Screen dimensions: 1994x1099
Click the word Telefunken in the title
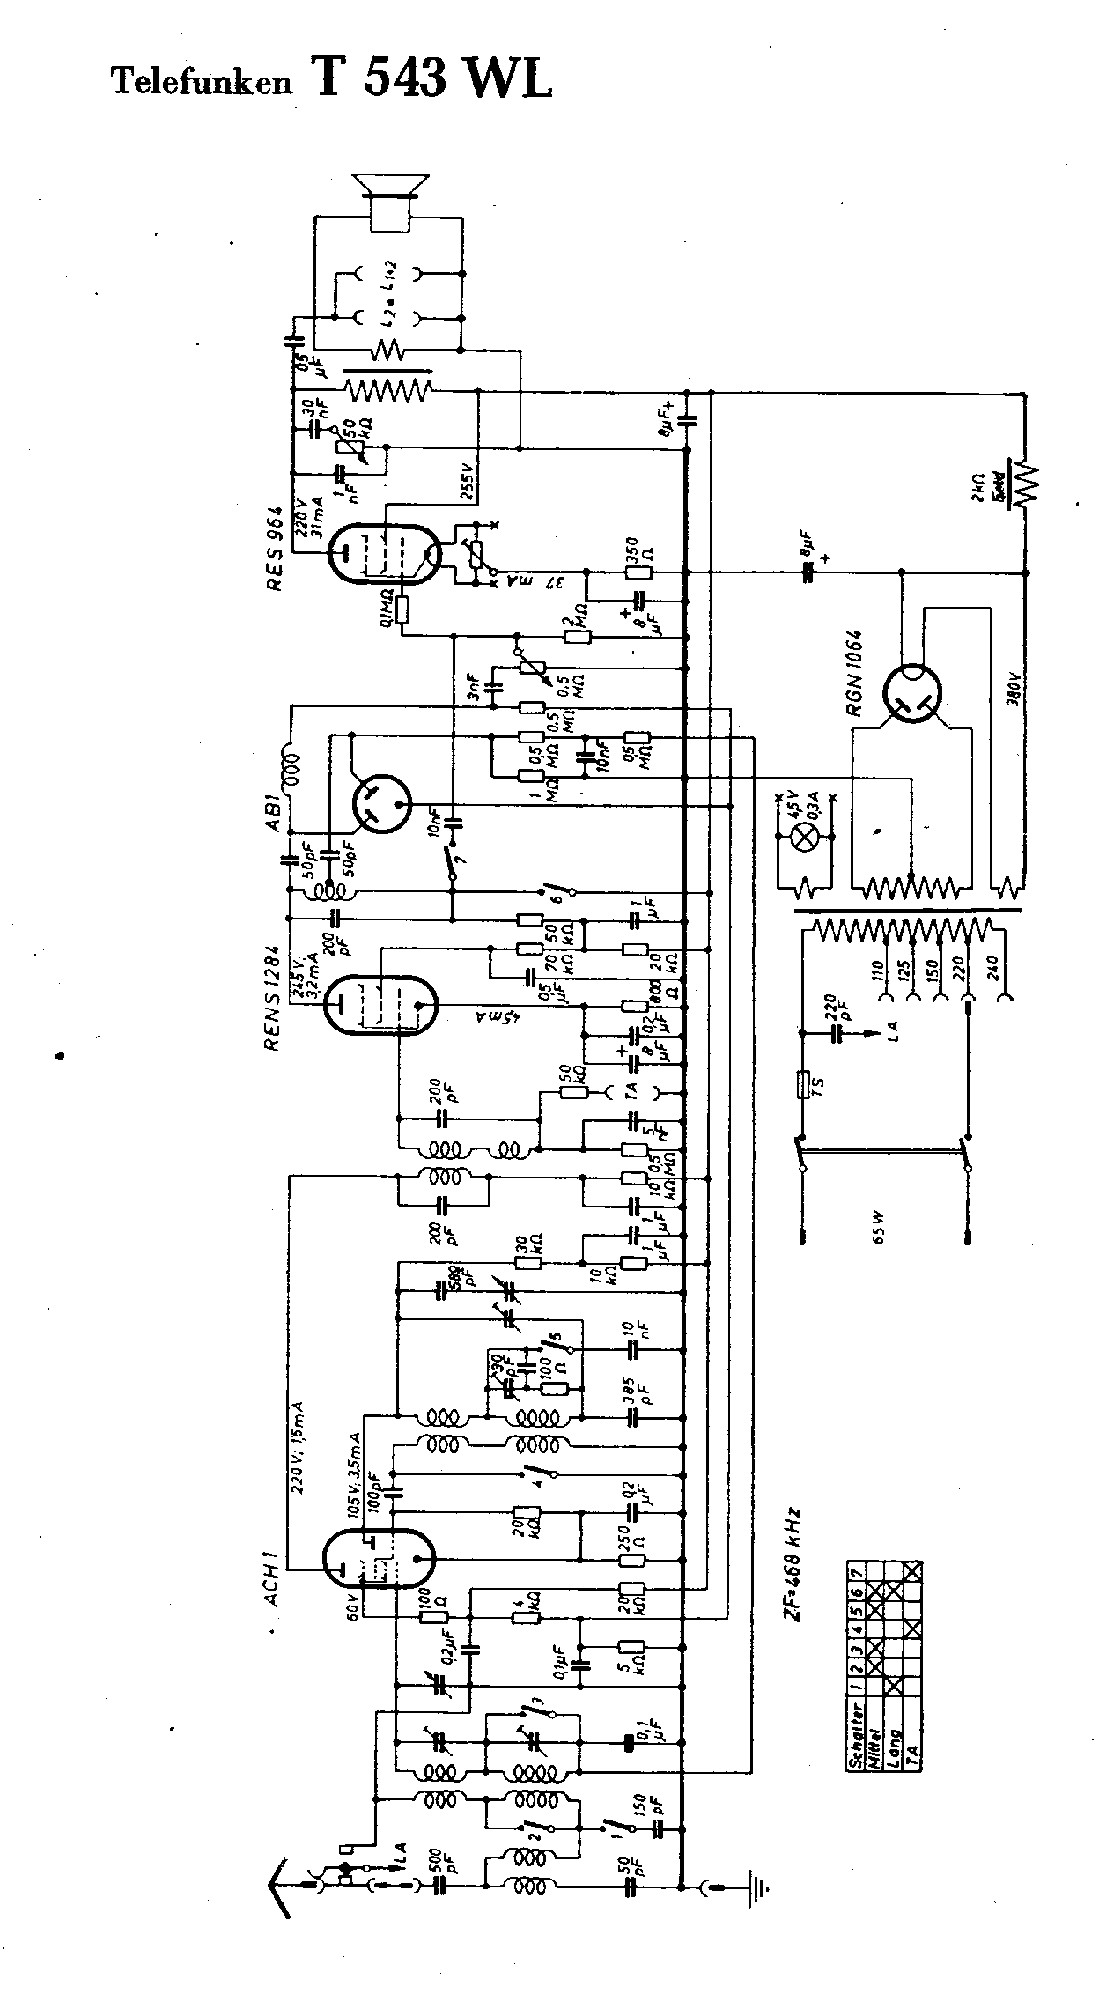(x=200, y=82)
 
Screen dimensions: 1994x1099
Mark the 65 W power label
(x=877, y=1227)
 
